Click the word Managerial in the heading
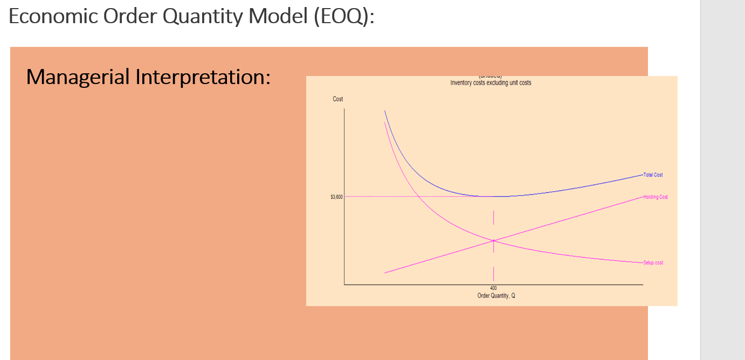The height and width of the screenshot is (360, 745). [x=78, y=77]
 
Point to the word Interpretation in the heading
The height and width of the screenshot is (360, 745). [x=202, y=77]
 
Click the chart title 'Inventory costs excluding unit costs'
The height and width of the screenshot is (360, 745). [x=491, y=83]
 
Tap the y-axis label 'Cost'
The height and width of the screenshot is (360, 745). [x=338, y=99]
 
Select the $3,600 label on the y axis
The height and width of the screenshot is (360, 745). [x=336, y=197]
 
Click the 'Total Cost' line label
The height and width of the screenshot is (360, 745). [x=653, y=175]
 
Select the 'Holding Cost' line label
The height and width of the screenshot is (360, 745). [x=655, y=197]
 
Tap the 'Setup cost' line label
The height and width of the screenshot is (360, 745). [x=653, y=263]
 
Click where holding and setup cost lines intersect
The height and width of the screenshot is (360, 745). [x=493, y=240]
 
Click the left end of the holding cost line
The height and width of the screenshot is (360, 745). [x=385, y=273]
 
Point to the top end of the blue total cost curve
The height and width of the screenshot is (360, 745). [x=385, y=110]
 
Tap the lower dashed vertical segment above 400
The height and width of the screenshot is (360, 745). [x=493, y=274]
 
